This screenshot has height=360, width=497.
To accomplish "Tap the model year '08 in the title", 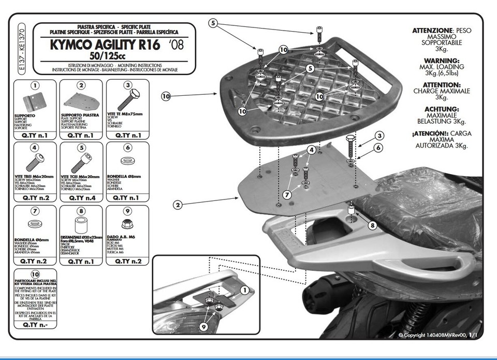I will pyautogui.click(x=176, y=44).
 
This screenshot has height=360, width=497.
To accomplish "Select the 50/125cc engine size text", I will pyautogui.click(x=108, y=55).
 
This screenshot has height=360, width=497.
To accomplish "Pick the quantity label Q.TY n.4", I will pyautogui.click(x=81, y=198).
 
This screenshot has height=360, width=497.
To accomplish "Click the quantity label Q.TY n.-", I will pyautogui.click(x=34, y=325).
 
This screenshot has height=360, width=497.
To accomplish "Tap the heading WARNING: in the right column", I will pyautogui.click(x=442, y=61).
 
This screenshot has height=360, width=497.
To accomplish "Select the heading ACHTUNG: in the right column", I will pyautogui.click(x=442, y=109).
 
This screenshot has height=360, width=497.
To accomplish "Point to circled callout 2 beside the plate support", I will pyautogui.click(x=178, y=205).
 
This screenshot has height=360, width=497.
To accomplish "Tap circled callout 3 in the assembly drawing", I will pyautogui.click(x=379, y=136).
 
